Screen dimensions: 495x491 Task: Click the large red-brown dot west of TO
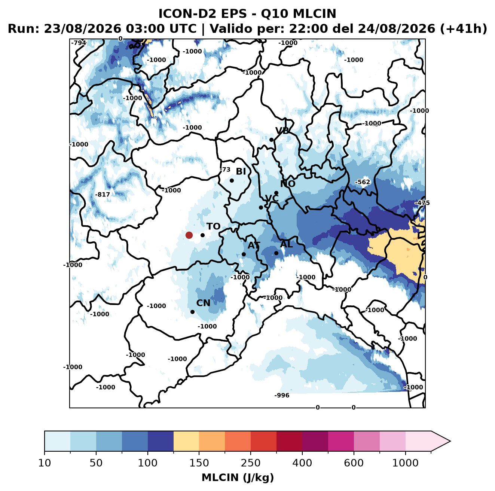point(189,235)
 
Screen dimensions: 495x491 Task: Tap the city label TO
point(213,226)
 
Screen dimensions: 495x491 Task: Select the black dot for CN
point(192,312)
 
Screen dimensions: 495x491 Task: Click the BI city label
point(241,171)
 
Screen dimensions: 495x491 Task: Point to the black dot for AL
point(276,253)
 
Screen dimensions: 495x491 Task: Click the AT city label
point(254,246)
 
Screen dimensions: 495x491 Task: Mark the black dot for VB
point(271,140)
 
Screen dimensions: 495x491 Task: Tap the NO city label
point(287,184)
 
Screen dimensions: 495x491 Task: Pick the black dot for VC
point(261,207)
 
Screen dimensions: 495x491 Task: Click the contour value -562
point(363,182)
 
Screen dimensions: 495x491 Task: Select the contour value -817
point(103,195)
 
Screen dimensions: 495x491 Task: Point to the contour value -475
point(422,203)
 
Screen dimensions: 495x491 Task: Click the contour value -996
point(282,396)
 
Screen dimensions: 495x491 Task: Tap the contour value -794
point(79,43)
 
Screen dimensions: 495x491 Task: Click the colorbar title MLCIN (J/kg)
point(238,478)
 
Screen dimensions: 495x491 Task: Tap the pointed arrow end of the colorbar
point(450,441)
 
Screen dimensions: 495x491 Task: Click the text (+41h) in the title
point(464,29)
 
